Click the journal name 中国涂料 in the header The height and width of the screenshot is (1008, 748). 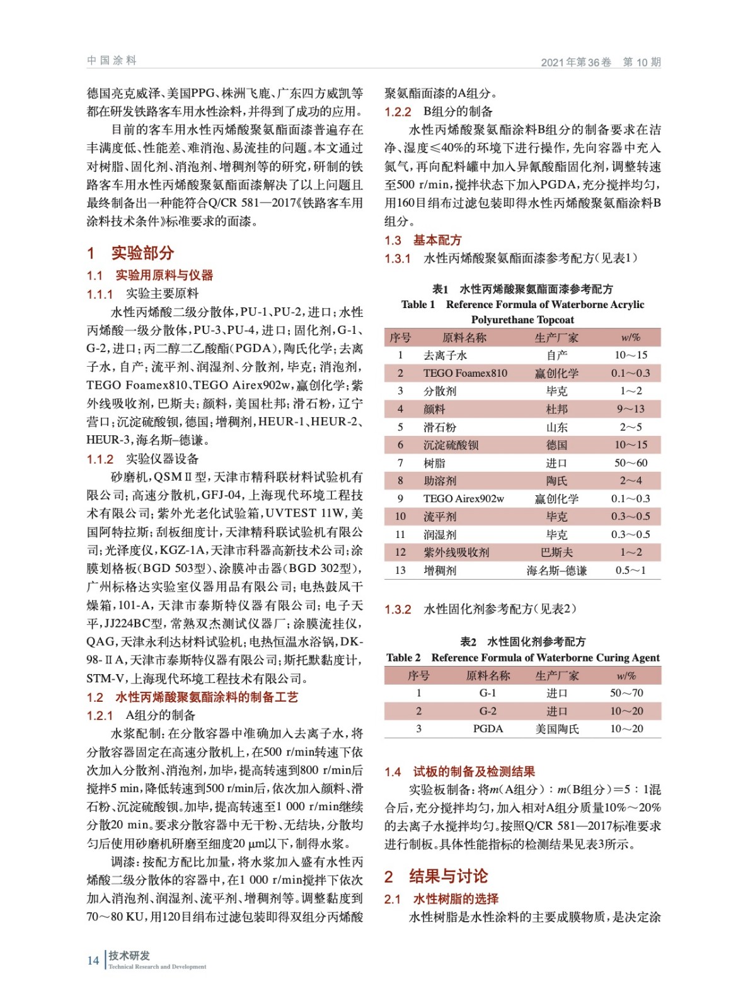(x=112, y=60)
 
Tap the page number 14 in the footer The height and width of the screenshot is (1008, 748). (x=93, y=960)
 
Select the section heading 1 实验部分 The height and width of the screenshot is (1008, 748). (x=130, y=253)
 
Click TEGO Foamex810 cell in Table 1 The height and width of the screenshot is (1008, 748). (x=465, y=373)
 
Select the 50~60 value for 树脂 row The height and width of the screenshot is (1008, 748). (x=630, y=463)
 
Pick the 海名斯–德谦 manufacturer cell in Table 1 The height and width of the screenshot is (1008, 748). (x=556, y=571)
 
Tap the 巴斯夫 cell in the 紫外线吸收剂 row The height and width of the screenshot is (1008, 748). (x=556, y=553)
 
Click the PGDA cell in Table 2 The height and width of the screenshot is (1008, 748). (x=488, y=729)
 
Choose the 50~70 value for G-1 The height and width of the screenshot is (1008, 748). (x=626, y=693)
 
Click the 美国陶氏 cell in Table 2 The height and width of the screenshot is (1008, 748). (x=556, y=729)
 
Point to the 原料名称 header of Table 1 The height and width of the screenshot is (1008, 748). (x=464, y=338)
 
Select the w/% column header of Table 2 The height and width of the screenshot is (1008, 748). (x=626, y=676)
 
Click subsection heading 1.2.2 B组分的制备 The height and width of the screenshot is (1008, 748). (x=439, y=112)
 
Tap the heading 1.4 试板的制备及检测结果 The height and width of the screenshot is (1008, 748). (x=460, y=771)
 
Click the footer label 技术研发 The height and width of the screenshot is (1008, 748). (x=129, y=956)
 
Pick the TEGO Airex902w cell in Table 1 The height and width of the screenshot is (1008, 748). (x=463, y=499)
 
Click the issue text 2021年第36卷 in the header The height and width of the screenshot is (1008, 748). (x=576, y=62)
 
